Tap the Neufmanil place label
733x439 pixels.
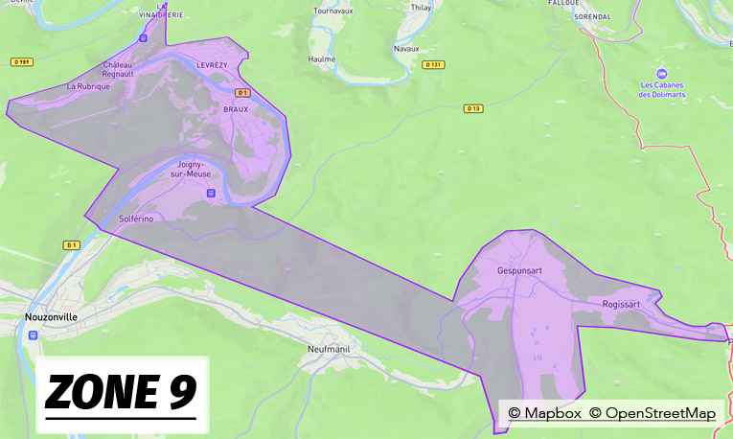(332, 349)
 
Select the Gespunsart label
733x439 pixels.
(519, 270)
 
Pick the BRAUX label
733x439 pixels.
(235, 109)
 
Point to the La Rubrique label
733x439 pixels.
(88, 85)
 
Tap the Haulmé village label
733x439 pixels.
(322, 58)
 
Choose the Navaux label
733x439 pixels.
(406, 48)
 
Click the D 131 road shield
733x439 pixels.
(433, 64)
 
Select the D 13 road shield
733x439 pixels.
(472, 108)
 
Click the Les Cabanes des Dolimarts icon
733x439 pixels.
(659, 73)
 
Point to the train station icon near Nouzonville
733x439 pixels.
(34, 335)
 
